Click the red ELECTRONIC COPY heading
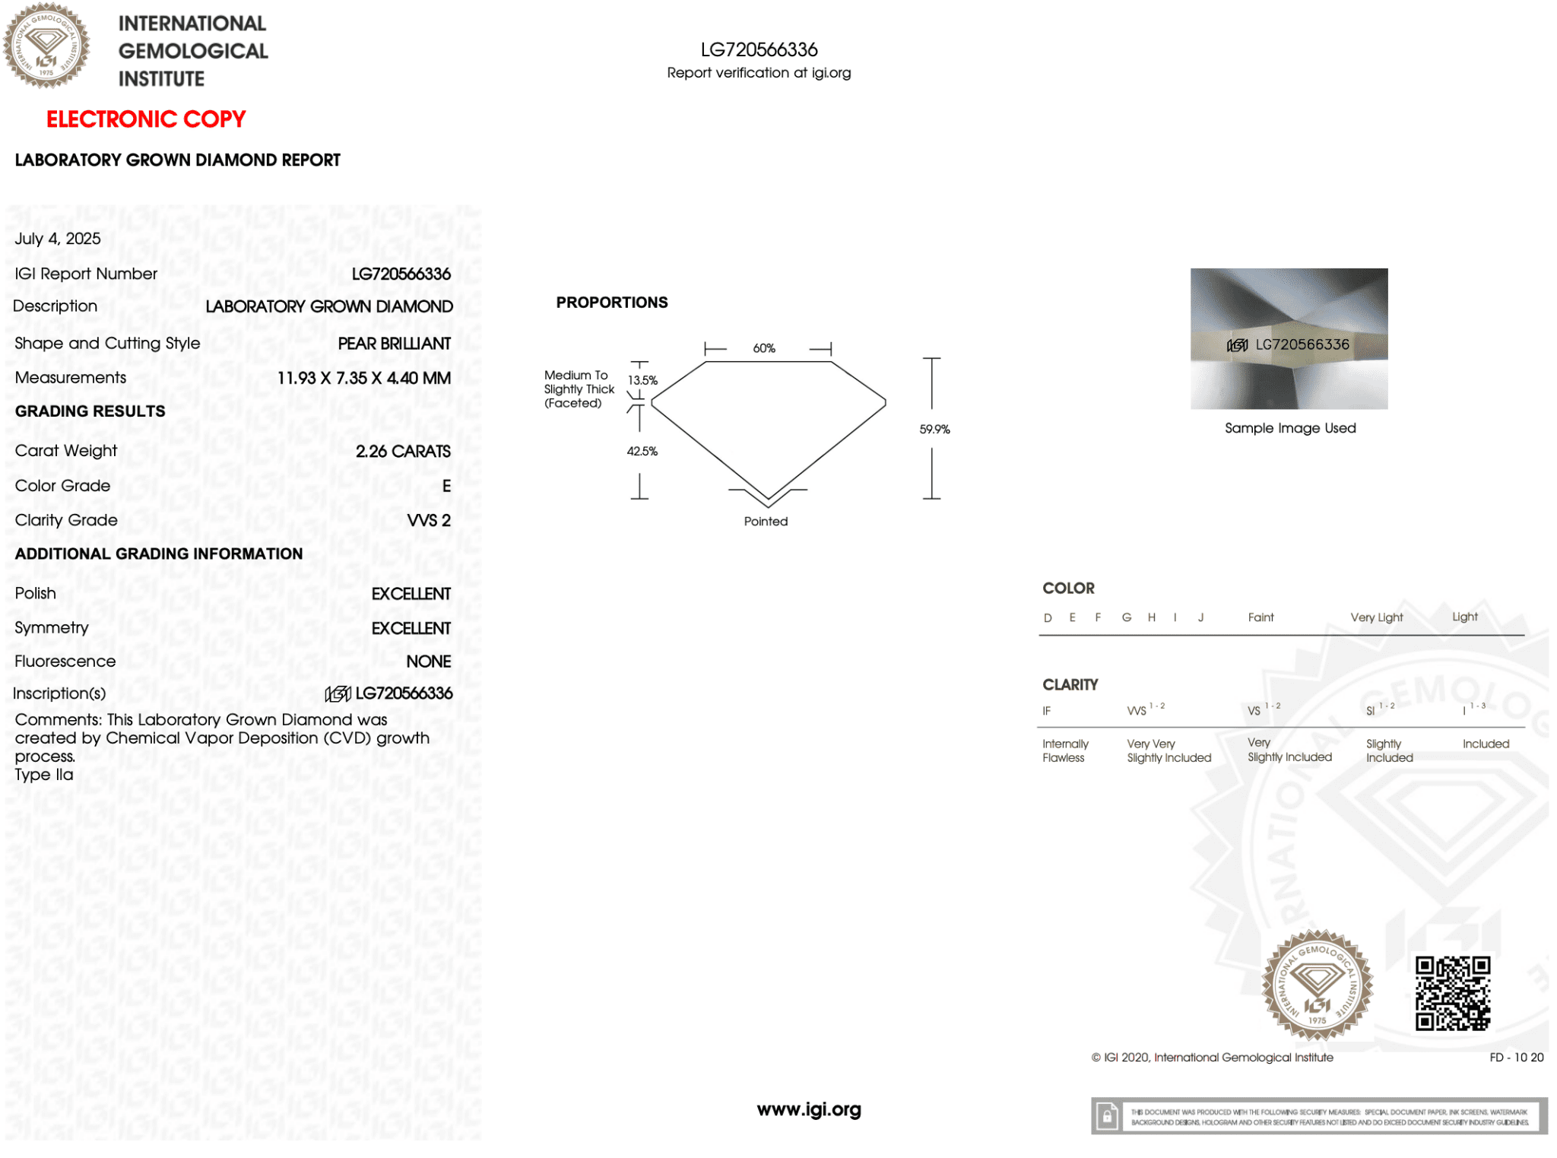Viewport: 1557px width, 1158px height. [146, 119]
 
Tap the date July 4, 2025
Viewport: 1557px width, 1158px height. [58, 239]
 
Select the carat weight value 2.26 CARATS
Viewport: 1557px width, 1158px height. [403, 452]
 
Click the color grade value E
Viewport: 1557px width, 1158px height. [446, 486]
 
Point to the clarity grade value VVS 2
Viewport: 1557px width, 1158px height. [429, 521]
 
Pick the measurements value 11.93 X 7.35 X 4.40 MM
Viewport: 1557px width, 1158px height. [363, 379]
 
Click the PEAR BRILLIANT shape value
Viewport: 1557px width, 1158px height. [394, 344]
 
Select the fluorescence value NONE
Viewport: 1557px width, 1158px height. [428, 662]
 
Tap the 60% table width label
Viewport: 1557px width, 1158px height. [764, 348]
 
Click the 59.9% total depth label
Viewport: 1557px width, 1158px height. [934, 430]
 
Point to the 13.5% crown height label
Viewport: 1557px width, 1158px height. [642, 380]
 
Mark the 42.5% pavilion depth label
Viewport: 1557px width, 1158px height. [642, 452]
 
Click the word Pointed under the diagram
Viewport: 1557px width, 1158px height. [766, 522]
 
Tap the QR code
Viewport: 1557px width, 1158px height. [1452, 993]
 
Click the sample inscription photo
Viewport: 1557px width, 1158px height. [1289, 339]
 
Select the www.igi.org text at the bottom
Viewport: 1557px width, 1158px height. [809, 1109]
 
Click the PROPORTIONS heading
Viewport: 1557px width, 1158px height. [612, 303]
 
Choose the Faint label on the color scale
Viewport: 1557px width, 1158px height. [1261, 617]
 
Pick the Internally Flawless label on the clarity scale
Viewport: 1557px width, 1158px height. [1065, 750]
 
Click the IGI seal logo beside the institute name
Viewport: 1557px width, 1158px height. [46, 46]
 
